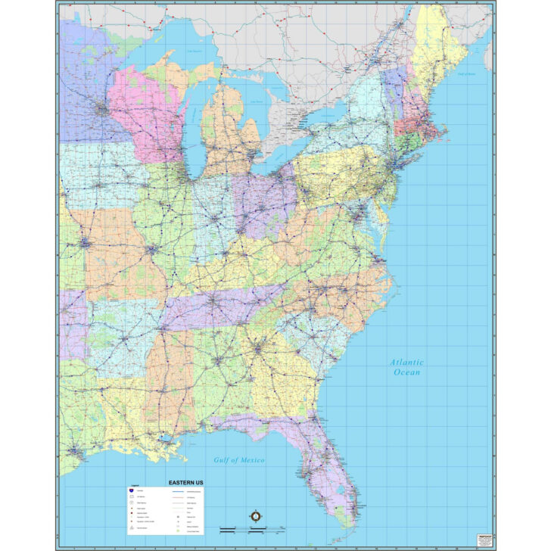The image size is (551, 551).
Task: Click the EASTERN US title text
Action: tap(185, 482)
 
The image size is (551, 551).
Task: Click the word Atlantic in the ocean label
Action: tap(406, 363)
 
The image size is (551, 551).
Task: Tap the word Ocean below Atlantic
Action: tap(406, 372)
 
